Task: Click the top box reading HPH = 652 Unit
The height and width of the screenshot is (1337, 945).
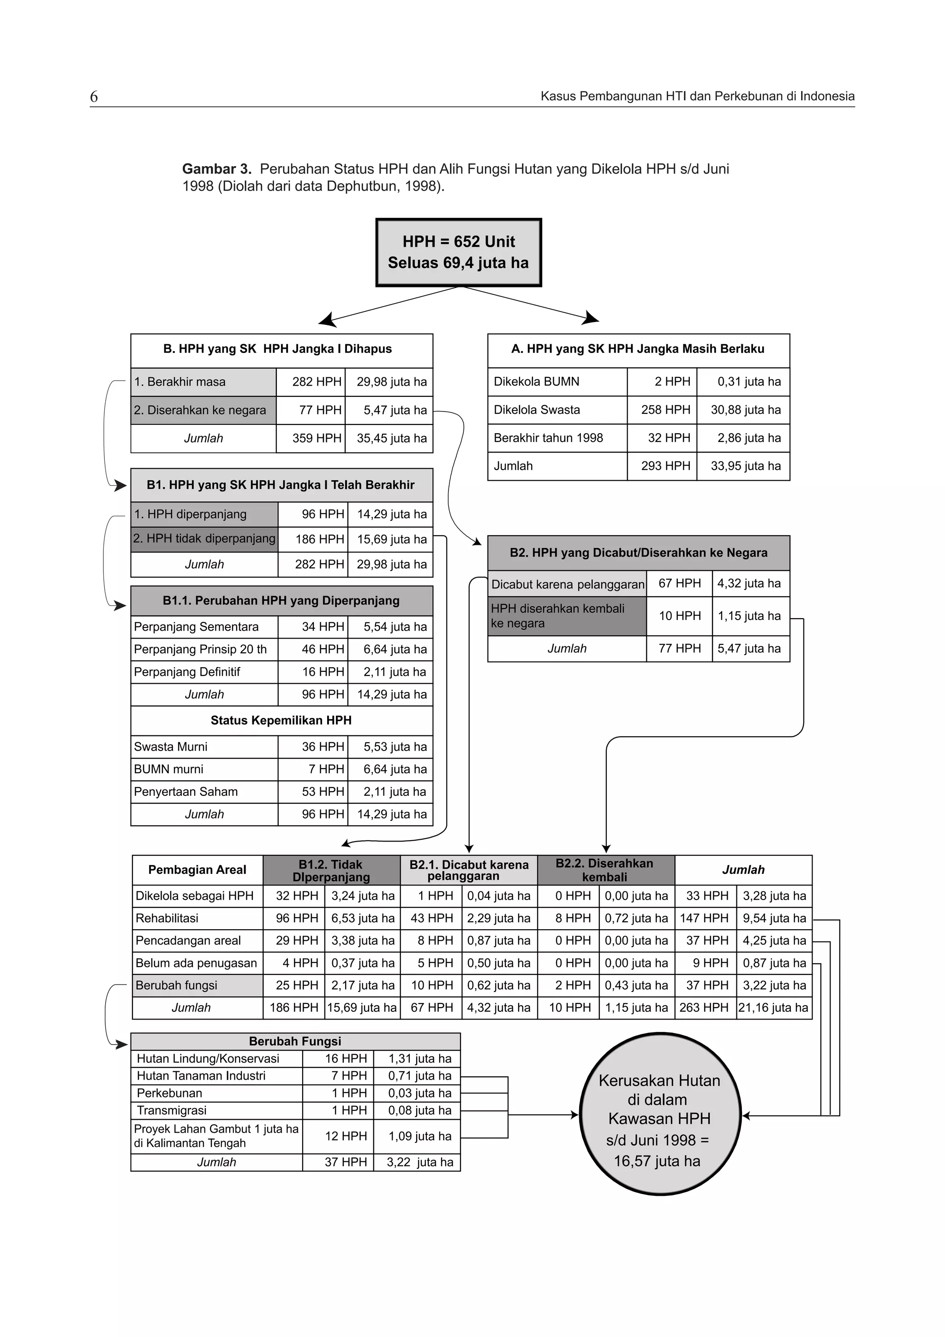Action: tap(458, 252)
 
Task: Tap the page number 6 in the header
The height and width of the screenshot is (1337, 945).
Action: tap(94, 97)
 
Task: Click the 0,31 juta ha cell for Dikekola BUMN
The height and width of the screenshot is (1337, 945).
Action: tap(748, 382)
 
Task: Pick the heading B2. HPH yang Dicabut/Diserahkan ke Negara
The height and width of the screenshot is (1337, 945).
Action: tap(638, 553)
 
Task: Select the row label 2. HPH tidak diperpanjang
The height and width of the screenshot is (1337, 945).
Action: tap(204, 539)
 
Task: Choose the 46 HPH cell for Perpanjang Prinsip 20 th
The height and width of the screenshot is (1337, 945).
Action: tap(323, 649)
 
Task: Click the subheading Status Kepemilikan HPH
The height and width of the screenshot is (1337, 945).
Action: tap(281, 720)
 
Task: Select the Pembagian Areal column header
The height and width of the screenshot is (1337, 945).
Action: tap(197, 870)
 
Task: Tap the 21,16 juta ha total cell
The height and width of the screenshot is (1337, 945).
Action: tap(773, 1008)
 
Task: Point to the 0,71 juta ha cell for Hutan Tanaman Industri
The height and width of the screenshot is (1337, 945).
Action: tap(419, 1075)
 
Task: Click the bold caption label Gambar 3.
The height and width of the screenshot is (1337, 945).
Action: tap(216, 169)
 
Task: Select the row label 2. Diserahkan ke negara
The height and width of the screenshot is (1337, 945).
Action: tap(200, 410)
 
